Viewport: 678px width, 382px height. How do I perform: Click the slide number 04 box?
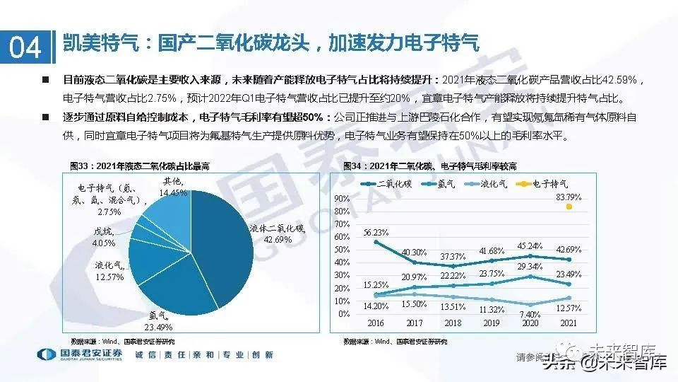pyautogui.click(x=25, y=47)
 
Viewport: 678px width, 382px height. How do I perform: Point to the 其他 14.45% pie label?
pyautogui.click(x=173, y=187)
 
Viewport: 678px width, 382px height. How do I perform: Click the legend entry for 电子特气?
pyautogui.click(x=547, y=183)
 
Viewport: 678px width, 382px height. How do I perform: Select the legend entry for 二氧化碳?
pyautogui.click(x=388, y=183)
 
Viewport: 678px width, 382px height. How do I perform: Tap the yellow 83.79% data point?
pyautogui.click(x=568, y=207)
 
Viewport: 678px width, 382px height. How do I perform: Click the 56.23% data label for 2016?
pyautogui.click(x=376, y=232)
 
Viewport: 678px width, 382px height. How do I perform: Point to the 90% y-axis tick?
pyautogui.click(x=341, y=198)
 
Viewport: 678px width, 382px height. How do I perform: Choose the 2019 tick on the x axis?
pyautogui.click(x=490, y=322)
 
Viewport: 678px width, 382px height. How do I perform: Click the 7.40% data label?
pyautogui.click(x=530, y=313)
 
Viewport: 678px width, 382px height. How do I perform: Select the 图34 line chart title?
pyautogui.click(x=429, y=166)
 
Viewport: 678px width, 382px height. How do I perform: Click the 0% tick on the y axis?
pyautogui.click(x=344, y=313)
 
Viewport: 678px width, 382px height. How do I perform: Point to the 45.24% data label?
pyautogui.click(x=530, y=246)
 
